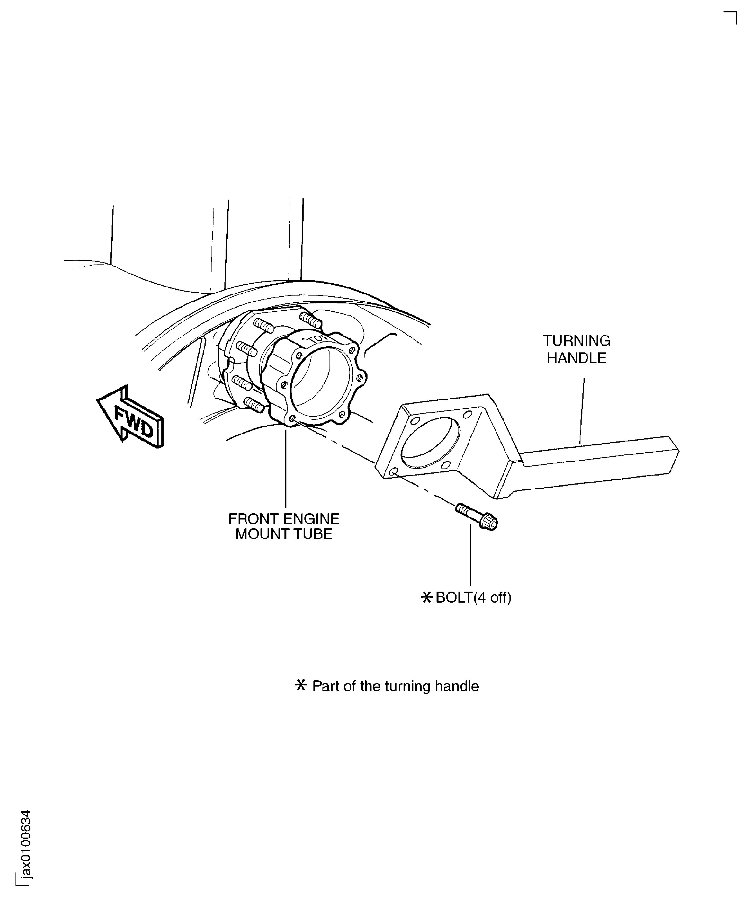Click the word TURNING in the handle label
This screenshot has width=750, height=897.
click(x=577, y=341)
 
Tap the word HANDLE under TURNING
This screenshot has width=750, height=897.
click(x=577, y=358)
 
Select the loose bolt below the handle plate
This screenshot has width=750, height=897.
click(x=477, y=516)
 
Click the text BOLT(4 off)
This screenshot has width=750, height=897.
click(x=473, y=597)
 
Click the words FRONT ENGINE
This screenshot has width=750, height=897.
click(x=284, y=519)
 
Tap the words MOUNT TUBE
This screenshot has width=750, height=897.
click(x=284, y=534)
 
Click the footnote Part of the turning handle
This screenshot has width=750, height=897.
click(x=395, y=686)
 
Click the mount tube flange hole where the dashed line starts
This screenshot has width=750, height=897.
click(x=292, y=419)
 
